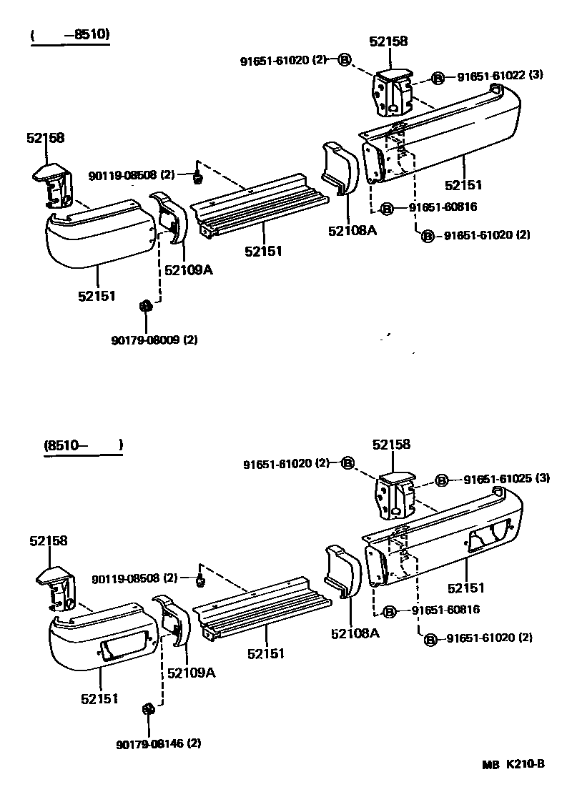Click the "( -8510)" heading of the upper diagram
(70, 35)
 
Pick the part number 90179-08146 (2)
(157, 743)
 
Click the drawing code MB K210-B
(513, 764)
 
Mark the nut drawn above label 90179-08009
(144, 307)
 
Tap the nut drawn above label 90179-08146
(149, 709)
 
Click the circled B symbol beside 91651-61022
(438, 77)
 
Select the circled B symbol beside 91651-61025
(441, 480)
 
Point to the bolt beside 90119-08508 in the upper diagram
(198, 176)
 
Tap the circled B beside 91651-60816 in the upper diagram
(386, 208)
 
